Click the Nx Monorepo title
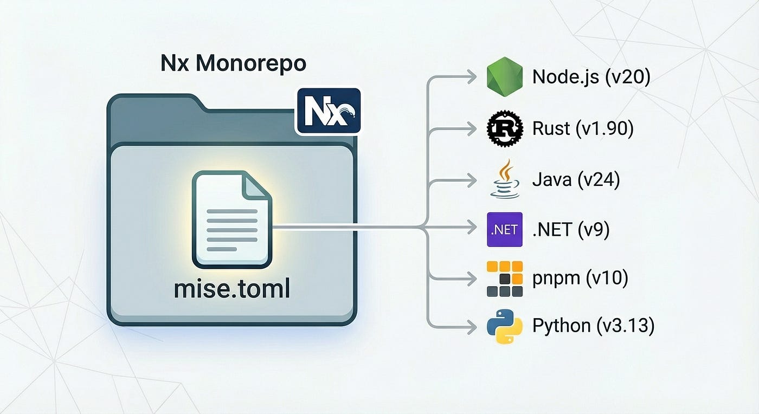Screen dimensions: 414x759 tap(233, 64)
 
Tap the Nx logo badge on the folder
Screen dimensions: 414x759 tap(328, 111)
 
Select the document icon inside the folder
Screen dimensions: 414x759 tap(231, 219)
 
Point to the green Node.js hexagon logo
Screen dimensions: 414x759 tap(504, 77)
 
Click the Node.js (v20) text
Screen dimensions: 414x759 tap(591, 77)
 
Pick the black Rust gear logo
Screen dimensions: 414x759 tap(504, 128)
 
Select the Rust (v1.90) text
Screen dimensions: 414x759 tap(583, 128)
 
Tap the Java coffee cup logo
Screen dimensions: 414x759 tap(504, 179)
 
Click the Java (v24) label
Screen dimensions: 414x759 tap(576, 179)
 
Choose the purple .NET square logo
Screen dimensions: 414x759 tap(504, 229)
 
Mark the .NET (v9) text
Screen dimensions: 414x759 tap(571, 230)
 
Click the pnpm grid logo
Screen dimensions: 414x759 tap(504, 279)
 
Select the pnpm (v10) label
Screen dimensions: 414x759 tap(580, 279)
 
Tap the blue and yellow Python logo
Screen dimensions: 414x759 tap(504, 326)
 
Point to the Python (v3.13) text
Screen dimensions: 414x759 tap(593, 326)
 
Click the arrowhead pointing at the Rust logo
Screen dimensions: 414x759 tap(472, 129)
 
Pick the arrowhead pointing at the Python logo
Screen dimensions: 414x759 tap(472, 327)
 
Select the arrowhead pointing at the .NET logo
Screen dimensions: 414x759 tap(472, 229)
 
